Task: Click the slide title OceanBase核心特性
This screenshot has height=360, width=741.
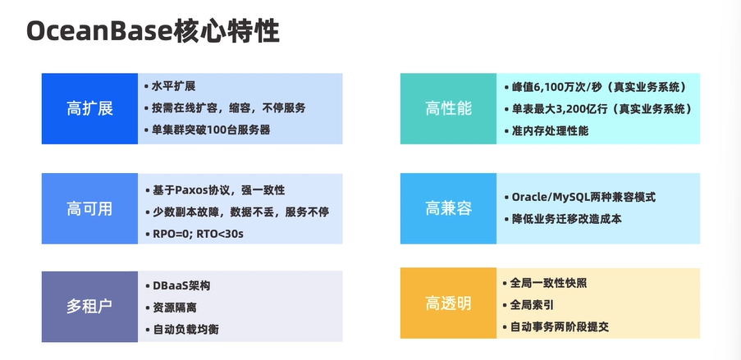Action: [x=153, y=31]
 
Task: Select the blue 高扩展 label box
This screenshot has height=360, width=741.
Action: [x=89, y=108]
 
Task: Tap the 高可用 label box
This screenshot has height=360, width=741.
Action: [x=89, y=208]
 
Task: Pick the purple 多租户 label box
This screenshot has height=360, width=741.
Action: [x=89, y=306]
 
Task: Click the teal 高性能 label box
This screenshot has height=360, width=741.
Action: [x=448, y=108]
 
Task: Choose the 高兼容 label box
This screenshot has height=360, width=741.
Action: [x=448, y=208]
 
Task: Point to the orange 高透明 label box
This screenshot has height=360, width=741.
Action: [x=448, y=303]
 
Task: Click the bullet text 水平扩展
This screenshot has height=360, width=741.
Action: [x=173, y=86]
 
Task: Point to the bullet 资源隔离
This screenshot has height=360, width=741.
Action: [x=174, y=308]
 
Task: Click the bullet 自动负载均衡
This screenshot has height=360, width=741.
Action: [x=185, y=330]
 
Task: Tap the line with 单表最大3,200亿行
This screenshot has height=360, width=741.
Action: [x=601, y=108]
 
